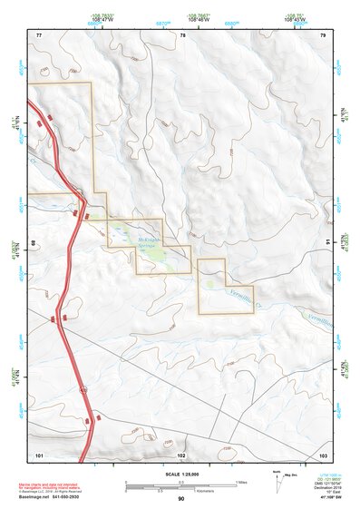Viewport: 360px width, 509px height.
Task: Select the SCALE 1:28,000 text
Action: (x=180, y=473)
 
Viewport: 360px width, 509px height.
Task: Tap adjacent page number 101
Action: (x=39, y=454)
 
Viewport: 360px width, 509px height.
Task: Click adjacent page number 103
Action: (x=323, y=454)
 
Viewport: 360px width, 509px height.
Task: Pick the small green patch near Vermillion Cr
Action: (x=210, y=284)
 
